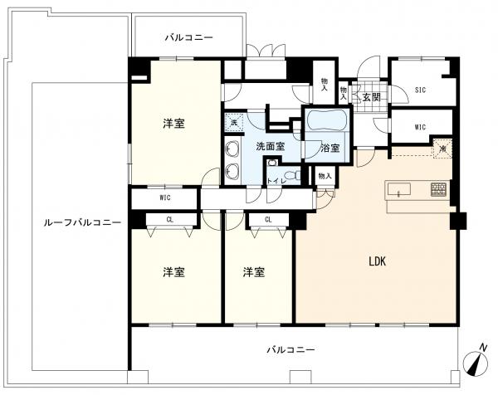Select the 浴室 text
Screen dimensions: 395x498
330,148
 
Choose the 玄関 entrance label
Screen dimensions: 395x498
370,97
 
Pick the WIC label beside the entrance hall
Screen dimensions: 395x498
419,127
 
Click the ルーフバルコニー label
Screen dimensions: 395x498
82,222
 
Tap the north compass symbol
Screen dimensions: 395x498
474,361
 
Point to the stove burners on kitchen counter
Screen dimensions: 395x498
437,190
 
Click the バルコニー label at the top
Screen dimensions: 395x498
188,37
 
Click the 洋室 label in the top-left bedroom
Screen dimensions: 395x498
173,124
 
